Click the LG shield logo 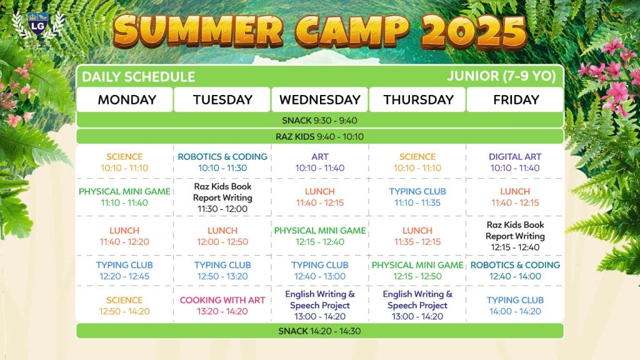(x=38, y=24)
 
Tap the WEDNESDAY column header (x=319, y=99)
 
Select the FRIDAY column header (x=516, y=99)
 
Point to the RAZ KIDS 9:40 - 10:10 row (x=319, y=136)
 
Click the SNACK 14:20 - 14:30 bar (x=319, y=331)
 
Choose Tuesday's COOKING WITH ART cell (x=222, y=305)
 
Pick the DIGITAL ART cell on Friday (x=515, y=162)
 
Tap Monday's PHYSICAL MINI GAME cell (x=124, y=197)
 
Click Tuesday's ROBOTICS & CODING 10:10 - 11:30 (x=222, y=162)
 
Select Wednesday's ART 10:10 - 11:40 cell (x=319, y=162)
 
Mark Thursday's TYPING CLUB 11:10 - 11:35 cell (x=417, y=197)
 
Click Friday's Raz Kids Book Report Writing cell (x=515, y=236)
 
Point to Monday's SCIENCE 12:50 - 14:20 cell (x=124, y=305)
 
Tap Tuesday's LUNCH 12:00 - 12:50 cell (x=222, y=236)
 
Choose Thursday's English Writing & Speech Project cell (x=417, y=305)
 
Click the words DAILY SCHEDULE (x=138, y=77)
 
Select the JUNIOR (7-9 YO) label (x=501, y=76)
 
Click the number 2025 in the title (x=474, y=31)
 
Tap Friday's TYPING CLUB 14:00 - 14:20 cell (x=515, y=305)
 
